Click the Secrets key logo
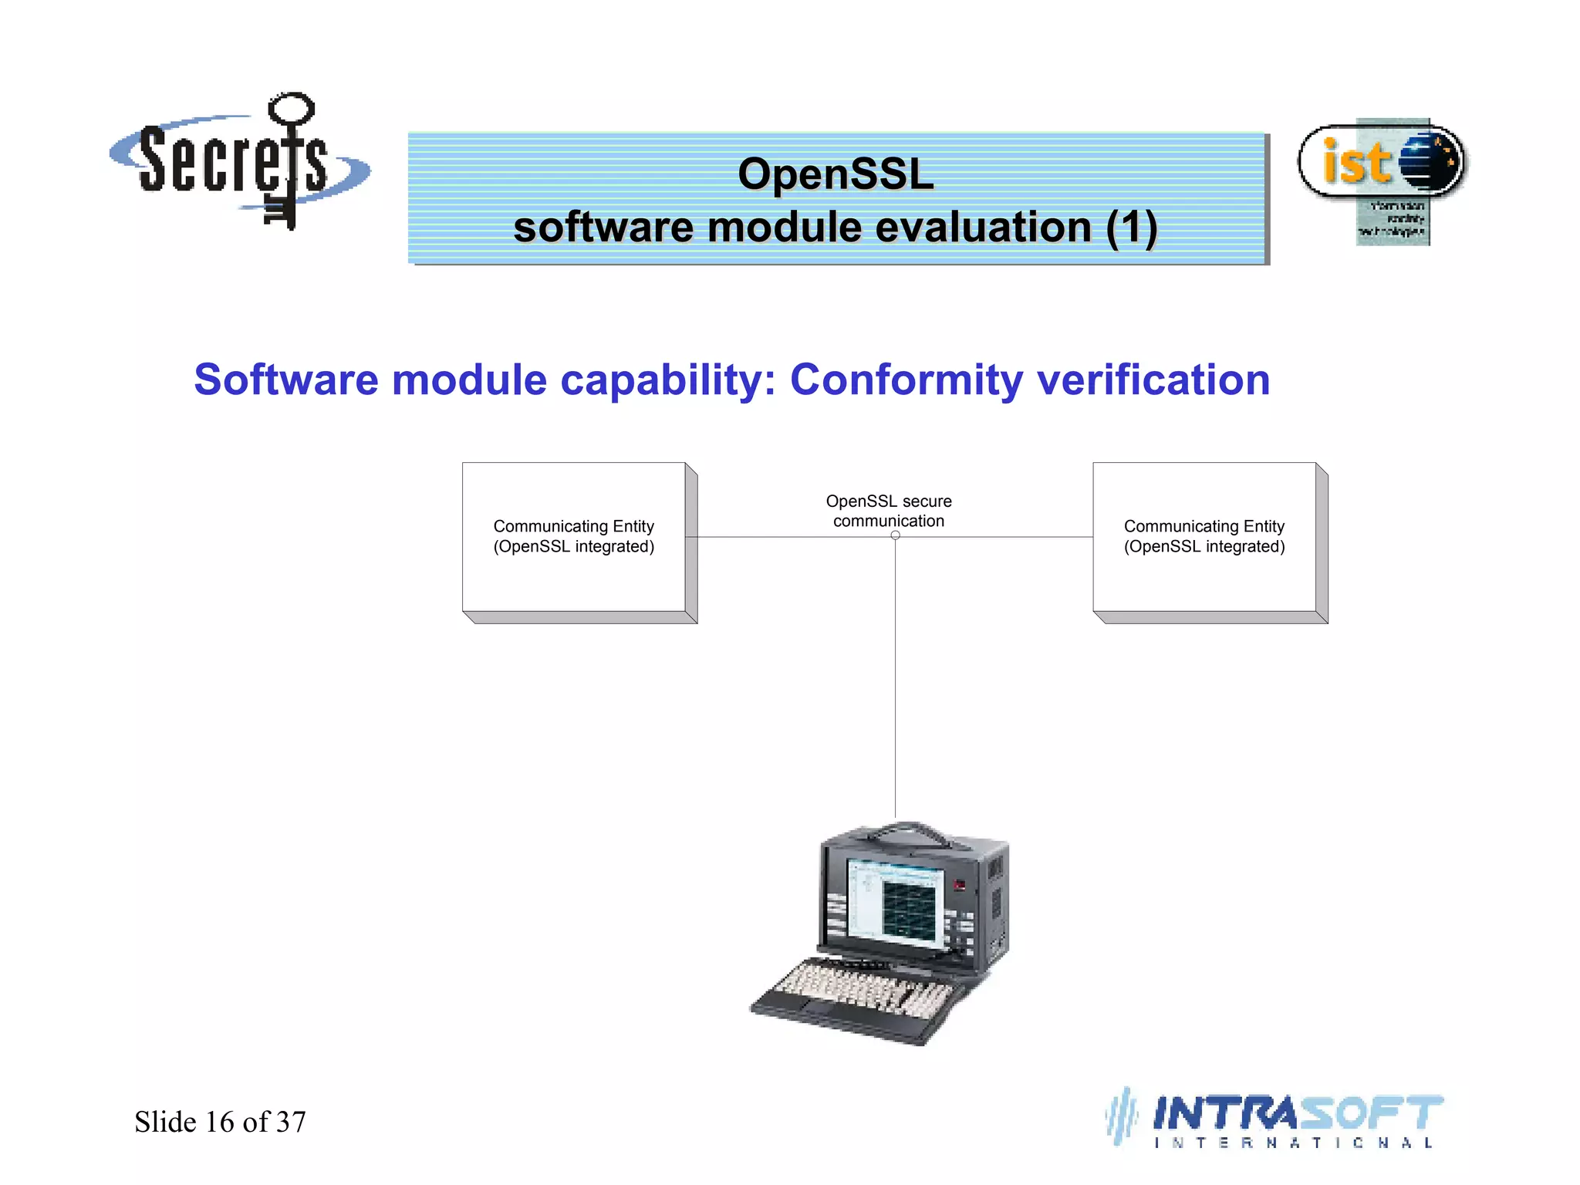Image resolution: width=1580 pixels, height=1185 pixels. coord(239,162)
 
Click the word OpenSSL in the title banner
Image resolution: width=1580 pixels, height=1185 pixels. coord(836,174)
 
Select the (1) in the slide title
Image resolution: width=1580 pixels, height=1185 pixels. coord(1131,228)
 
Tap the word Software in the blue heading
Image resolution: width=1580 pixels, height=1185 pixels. coord(285,380)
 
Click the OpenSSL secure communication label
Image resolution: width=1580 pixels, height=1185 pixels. coord(889,511)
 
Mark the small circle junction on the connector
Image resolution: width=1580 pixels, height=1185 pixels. coord(896,535)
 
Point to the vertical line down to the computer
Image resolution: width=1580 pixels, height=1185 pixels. coord(896,679)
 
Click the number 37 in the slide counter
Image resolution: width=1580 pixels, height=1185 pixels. coord(291,1122)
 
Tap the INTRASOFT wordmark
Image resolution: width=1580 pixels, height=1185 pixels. coord(1296,1113)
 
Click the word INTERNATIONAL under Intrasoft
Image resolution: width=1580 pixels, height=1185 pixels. coord(1293,1143)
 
